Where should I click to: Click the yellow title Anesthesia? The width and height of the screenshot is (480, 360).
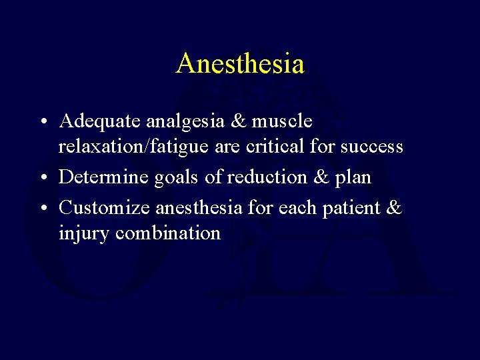coord(240,64)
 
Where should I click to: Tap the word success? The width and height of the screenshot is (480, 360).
coord(371,146)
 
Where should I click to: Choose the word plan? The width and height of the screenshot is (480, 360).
coord(353,177)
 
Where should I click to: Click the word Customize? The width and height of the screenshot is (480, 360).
coord(105,208)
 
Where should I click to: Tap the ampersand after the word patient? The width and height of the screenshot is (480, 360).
coord(395,208)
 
